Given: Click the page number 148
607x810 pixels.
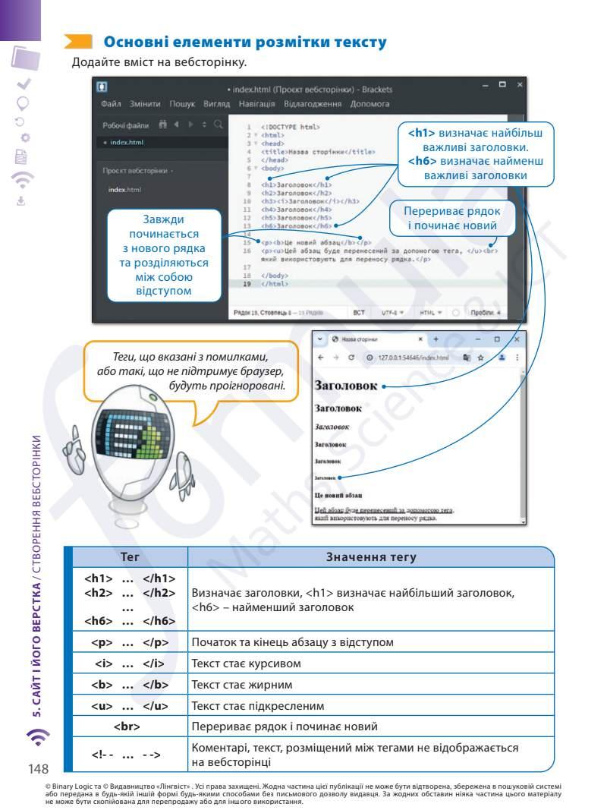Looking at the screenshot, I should pyautogui.click(x=39, y=768).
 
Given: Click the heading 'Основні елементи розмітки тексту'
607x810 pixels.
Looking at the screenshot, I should pyautogui.click(x=244, y=43).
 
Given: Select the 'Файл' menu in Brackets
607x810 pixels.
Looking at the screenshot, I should pyautogui.click(x=111, y=104).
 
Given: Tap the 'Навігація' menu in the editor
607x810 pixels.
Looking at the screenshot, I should pyautogui.click(x=256, y=104).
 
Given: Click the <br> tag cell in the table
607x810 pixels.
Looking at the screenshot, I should pyautogui.click(x=126, y=726).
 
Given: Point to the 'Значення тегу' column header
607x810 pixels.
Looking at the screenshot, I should pyautogui.click(x=370, y=557).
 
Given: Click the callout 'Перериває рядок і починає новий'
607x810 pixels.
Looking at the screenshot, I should pyautogui.click(x=451, y=219).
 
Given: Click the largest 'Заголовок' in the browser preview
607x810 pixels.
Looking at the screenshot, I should pyautogui.click(x=345, y=386).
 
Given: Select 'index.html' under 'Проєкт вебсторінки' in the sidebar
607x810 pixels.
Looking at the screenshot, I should pyautogui.click(x=124, y=190).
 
